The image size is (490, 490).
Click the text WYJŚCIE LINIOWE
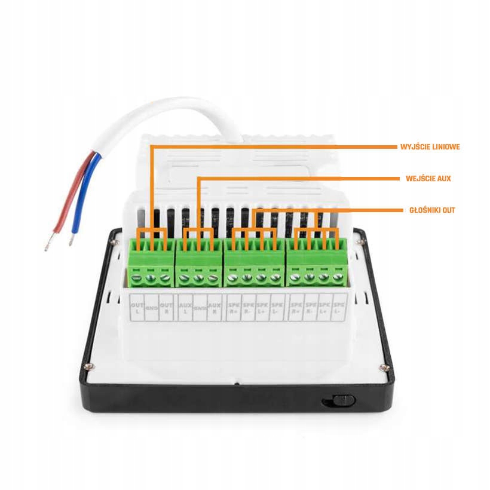pos(430,146)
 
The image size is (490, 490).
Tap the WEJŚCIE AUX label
pos(428,179)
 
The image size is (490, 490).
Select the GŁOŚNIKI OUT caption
pos(432,210)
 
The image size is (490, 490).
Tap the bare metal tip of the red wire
pos(48,242)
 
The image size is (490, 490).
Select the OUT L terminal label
pos(136,309)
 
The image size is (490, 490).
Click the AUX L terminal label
pos(185,309)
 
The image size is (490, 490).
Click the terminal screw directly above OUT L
pos(136,276)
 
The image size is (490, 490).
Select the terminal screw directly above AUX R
pos(213,276)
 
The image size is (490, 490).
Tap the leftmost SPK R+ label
pos(233,309)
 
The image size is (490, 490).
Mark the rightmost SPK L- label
pos(339,309)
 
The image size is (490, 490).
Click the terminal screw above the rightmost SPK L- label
pos(339,277)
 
